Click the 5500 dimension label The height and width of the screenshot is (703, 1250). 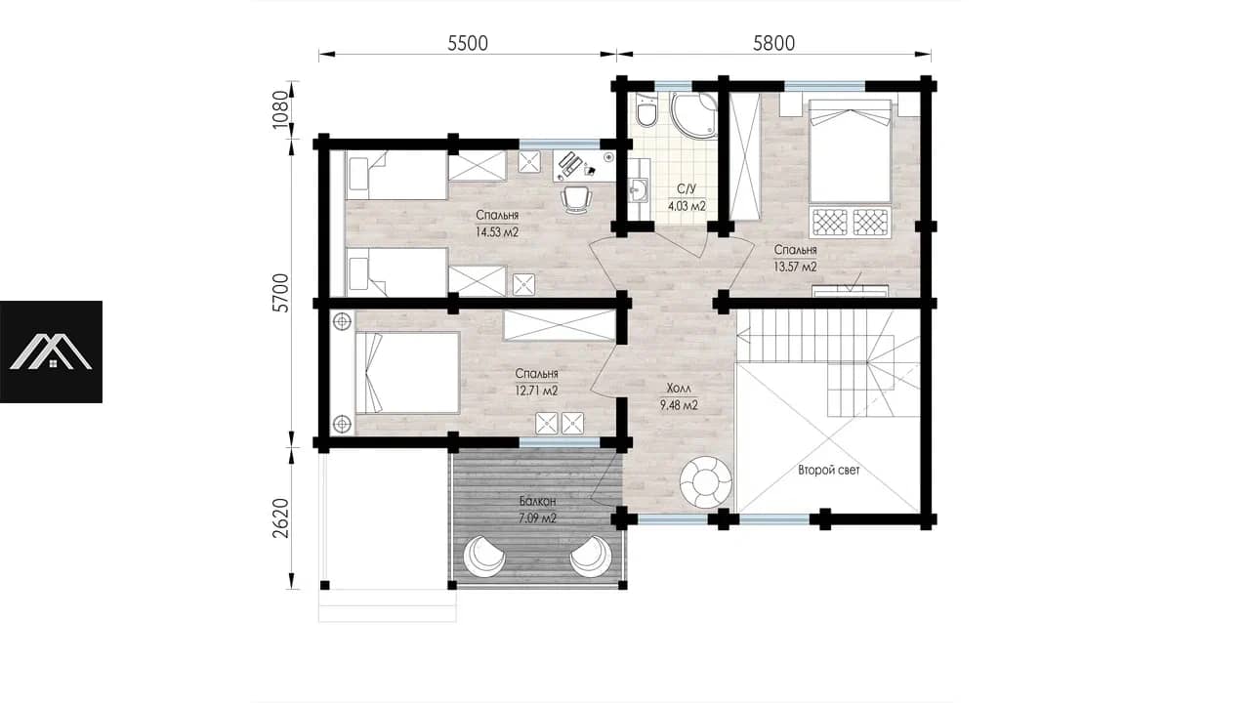tap(468, 43)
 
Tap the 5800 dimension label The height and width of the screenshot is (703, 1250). tap(773, 43)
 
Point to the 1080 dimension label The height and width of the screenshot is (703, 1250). tap(280, 109)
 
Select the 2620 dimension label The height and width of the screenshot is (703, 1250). tap(280, 518)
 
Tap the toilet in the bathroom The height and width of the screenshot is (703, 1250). tap(647, 110)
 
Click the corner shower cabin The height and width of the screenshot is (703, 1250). tap(693, 115)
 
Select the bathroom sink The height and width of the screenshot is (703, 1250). tap(638, 190)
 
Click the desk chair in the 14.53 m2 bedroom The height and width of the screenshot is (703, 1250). tap(576, 199)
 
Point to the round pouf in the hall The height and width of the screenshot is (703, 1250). tap(705, 482)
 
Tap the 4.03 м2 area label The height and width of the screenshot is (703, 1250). tap(687, 206)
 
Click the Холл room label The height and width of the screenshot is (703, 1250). tap(679, 389)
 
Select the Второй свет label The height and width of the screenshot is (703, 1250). tap(829, 471)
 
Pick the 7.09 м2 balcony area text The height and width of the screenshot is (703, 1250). tap(537, 518)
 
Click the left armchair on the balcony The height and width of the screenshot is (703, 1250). tap(485, 556)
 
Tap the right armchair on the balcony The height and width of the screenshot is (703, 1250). tap(591, 556)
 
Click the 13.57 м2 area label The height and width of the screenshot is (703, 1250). tap(795, 267)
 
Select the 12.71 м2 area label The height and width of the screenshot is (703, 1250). tap(536, 391)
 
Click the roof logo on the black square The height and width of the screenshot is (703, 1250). tap(51, 352)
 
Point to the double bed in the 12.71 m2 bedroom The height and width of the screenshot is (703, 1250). tap(407, 373)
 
